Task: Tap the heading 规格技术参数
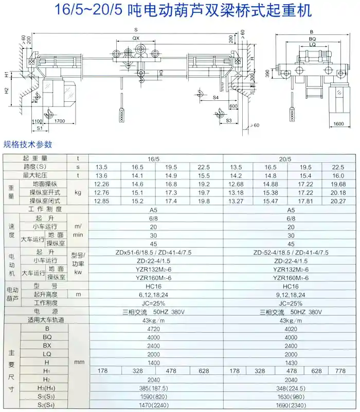point(28,145)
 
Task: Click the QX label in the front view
point(135,39)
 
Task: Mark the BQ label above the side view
point(312,39)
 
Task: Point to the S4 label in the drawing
point(215,96)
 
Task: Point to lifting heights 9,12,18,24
point(291,295)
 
